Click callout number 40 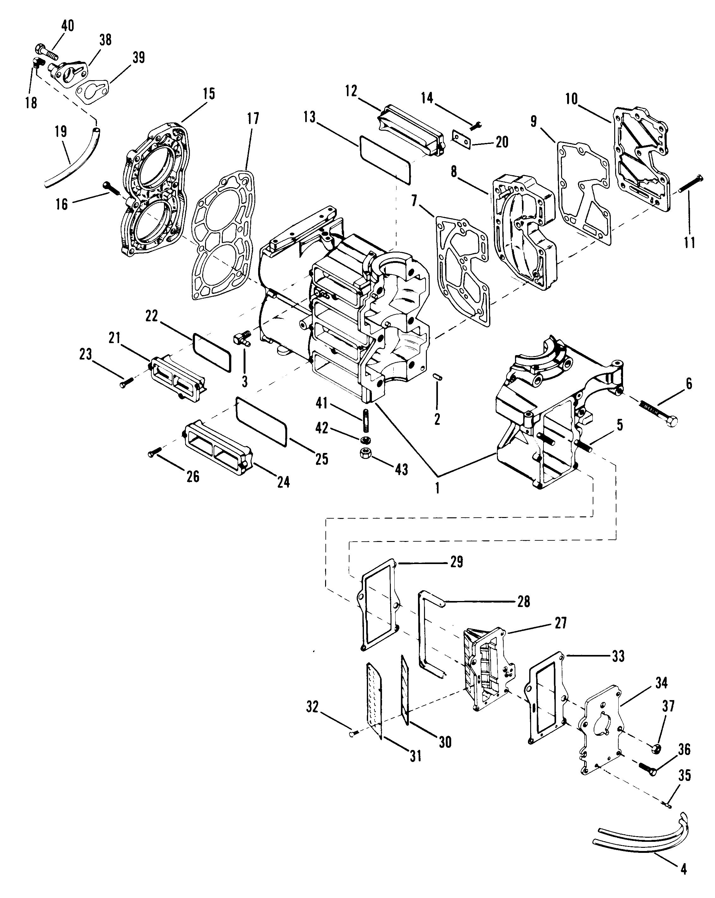coord(68,26)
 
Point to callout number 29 coord(457,562)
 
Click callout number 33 coord(618,657)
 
